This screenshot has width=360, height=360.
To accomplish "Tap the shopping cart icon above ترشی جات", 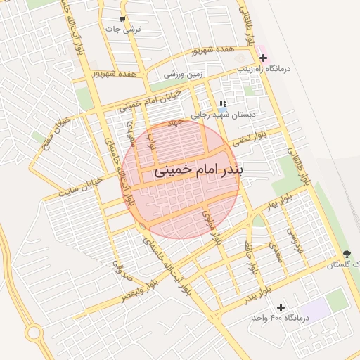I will pyautogui.click(x=122, y=19).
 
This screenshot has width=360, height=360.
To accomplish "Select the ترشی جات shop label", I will pyautogui.click(x=123, y=30).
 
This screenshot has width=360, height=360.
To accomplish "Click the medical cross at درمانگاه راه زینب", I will pyautogui.click(x=263, y=58).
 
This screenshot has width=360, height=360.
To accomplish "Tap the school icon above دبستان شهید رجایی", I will pyautogui.click(x=223, y=103).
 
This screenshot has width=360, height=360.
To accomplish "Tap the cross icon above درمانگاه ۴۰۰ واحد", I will pyautogui.click(x=281, y=307).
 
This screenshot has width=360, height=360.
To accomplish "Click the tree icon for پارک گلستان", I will pyautogui.click(x=347, y=253).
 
